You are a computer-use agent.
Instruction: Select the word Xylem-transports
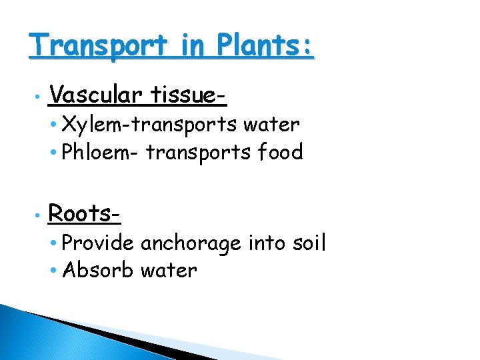click(x=149, y=125)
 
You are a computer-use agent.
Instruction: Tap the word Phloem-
click(x=100, y=153)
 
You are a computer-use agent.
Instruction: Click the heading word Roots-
click(x=85, y=214)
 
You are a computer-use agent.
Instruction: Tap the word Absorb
click(x=96, y=271)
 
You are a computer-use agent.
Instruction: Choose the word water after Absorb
click(x=169, y=271)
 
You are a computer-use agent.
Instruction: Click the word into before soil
click(x=265, y=243)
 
